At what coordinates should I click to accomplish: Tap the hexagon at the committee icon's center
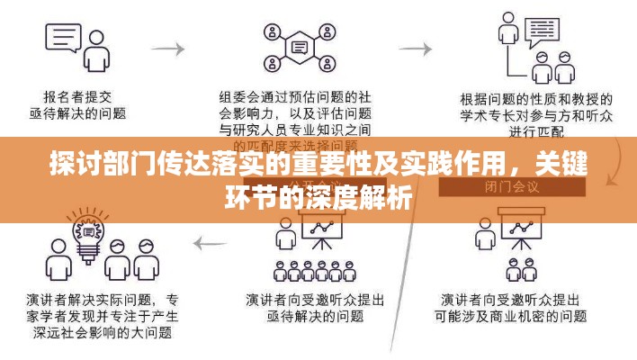click(301, 46)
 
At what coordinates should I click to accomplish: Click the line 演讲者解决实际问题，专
click(112, 299)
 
